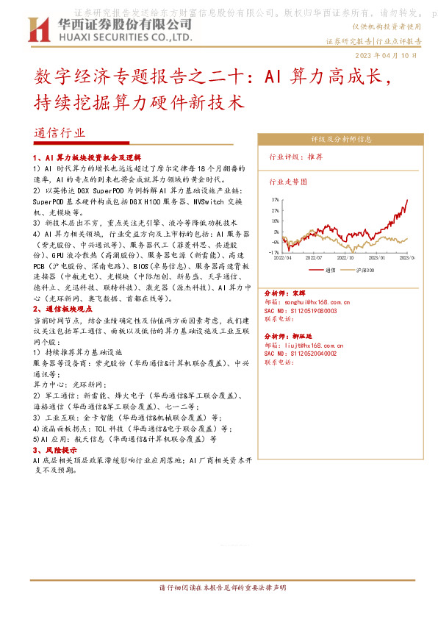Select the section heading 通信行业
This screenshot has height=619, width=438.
click(x=60, y=134)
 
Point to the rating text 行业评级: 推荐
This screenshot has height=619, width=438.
click(x=295, y=157)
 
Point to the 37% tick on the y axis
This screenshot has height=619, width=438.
click(x=275, y=199)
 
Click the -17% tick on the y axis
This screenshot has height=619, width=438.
click(x=274, y=251)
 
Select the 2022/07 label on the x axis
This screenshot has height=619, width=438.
click(x=315, y=257)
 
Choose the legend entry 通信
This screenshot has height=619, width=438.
click(x=331, y=270)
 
